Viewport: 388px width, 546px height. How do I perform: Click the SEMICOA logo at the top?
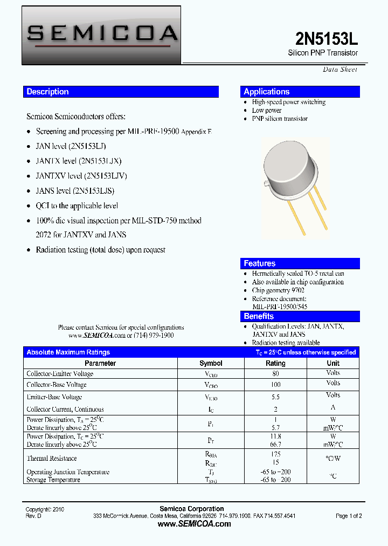[101, 34]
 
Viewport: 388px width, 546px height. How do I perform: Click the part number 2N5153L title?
[327, 38]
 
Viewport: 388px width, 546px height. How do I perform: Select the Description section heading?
[48, 92]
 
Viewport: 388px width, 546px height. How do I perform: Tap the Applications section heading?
[266, 92]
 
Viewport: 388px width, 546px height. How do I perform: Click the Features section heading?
[259, 263]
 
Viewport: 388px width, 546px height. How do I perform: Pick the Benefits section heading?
[259, 316]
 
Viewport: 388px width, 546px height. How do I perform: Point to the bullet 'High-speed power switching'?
[288, 102]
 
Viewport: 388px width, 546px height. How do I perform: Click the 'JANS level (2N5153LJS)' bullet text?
[75, 190]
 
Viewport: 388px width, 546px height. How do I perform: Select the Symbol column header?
[211, 363]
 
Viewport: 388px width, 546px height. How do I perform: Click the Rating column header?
[275, 363]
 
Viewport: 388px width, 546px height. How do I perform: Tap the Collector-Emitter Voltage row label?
[60, 373]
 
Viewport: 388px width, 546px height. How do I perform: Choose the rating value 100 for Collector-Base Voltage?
[275, 385]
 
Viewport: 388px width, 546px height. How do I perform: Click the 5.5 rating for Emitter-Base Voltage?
[275, 397]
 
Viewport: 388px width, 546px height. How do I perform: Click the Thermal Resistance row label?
[52, 458]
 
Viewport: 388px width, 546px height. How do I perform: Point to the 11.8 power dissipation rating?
[275, 436]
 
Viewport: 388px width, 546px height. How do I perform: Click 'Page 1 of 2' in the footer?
[349, 516]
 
